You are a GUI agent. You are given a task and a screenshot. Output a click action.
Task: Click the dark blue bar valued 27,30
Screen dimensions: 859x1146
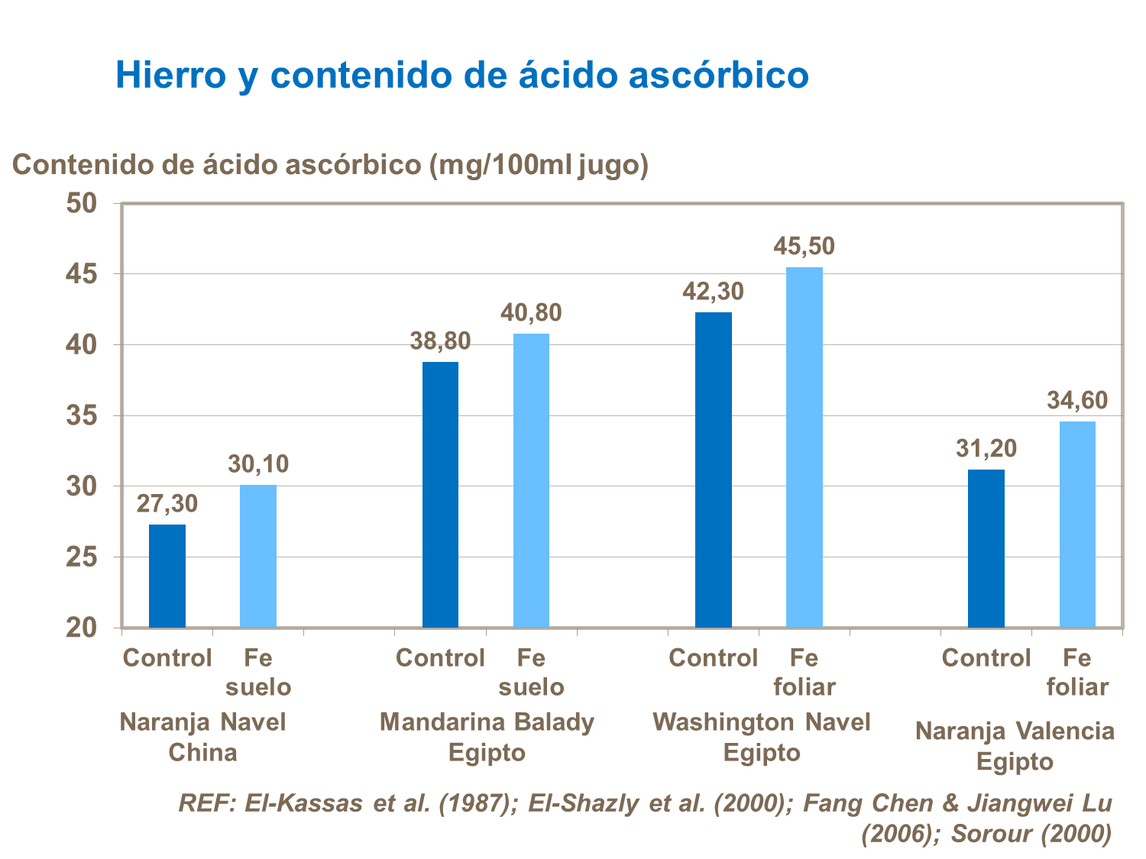click(167, 576)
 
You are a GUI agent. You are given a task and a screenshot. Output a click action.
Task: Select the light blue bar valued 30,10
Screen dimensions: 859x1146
click(258, 556)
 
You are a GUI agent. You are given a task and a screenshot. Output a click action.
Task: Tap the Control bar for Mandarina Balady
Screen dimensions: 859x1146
click(440, 495)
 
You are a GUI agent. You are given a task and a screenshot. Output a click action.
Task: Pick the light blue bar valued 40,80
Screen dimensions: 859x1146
click(531, 480)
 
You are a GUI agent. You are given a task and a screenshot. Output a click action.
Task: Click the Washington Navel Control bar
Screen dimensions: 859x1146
click(714, 470)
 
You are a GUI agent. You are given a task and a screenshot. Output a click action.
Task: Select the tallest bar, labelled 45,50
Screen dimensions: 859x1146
click(804, 447)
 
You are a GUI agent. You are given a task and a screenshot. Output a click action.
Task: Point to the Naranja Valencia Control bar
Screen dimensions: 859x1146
click(986, 548)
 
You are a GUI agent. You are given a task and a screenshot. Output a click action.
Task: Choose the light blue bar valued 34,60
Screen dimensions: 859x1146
click(1077, 525)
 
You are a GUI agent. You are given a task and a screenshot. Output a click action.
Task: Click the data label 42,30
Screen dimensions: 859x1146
click(713, 292)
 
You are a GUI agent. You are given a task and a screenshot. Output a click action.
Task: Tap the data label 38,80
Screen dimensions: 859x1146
click(440, 341)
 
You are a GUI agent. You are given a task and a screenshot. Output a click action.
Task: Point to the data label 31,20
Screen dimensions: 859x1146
click(986, 448)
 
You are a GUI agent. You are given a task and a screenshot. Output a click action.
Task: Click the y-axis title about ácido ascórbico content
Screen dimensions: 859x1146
click(330, 164)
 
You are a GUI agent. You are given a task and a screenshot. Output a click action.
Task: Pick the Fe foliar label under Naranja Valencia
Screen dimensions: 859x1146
click(1077, 672)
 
